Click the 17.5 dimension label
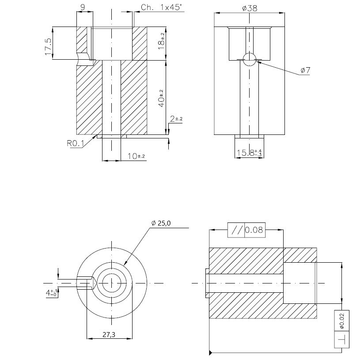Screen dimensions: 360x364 pos(48,46)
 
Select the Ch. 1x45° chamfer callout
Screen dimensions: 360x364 pos(160,7)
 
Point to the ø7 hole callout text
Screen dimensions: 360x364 pos(305,70)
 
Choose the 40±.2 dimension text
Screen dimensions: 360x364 pos(162,98)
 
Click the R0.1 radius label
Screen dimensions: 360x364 pos(75,143)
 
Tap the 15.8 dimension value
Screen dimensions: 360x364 pos(249,153)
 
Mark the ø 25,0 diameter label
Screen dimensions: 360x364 pos(160,224)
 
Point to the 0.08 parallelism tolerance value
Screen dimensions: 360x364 pos(254,230)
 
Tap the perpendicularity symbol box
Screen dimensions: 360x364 pos(341,340)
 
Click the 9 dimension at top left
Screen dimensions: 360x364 pos(83,7)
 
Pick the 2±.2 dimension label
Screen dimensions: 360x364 pos(176,119)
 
